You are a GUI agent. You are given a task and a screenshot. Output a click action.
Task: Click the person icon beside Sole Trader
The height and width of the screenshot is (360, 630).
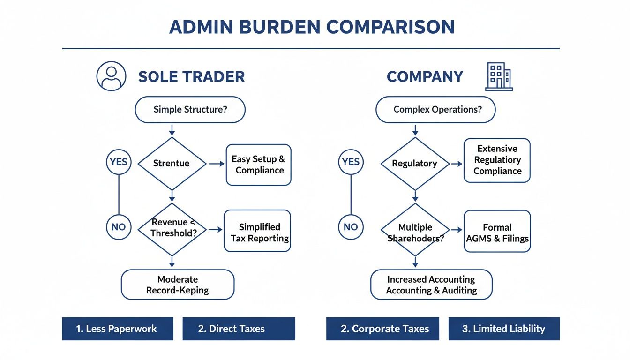(111, 76)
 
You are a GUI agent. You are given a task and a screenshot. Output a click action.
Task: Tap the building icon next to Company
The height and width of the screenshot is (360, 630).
(499, 77)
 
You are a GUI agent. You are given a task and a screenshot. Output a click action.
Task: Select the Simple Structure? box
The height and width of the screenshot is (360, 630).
(190, 110)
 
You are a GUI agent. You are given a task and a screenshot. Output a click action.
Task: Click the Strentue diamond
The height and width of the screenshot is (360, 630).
(172, 164)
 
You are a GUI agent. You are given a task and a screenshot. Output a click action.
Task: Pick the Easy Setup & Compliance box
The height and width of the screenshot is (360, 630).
(258, 165)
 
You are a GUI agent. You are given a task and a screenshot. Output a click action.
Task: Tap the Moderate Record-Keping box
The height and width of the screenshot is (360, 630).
(177, 285)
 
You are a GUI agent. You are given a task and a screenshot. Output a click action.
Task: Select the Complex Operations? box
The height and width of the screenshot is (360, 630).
(435, 110)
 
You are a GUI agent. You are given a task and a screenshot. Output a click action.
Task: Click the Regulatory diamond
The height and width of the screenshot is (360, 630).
(415, 164)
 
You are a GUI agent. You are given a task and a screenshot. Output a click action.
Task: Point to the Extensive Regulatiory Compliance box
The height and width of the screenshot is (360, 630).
(497, 160)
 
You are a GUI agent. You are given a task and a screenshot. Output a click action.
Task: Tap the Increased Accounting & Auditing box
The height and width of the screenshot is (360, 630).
(431, 285)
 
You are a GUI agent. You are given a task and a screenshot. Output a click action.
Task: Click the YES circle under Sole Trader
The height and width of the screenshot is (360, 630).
(119, 162)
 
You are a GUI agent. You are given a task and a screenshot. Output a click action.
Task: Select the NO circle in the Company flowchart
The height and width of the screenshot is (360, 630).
(351, 227)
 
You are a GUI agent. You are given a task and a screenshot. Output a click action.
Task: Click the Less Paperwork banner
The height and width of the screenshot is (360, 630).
(117, 329)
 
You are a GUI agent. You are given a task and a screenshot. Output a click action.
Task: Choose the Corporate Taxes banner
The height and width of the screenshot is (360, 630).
(382, 329)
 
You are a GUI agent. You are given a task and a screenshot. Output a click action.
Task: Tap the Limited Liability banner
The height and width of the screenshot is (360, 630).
(504, 329)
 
